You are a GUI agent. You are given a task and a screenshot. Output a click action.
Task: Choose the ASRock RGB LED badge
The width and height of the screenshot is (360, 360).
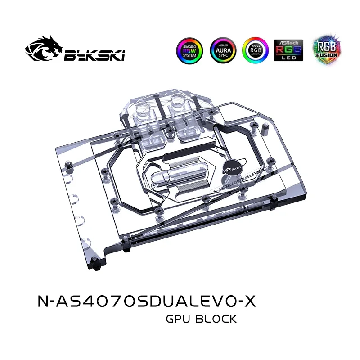288,50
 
